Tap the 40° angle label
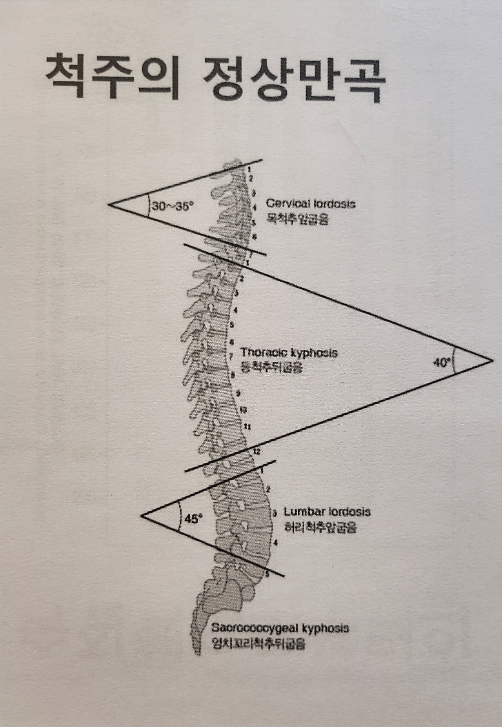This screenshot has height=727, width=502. tap(442, 363)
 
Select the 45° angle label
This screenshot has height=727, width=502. tap(193, 519)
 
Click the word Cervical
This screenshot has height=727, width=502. tap(286, 204)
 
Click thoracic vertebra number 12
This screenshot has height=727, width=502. tap(257, 451)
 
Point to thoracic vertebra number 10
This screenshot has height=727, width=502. tap(243, 410)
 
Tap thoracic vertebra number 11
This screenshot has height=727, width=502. tap(247, 426)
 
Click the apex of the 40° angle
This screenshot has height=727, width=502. tap(492, 360)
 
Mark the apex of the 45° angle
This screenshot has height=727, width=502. tap(142, 515)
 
